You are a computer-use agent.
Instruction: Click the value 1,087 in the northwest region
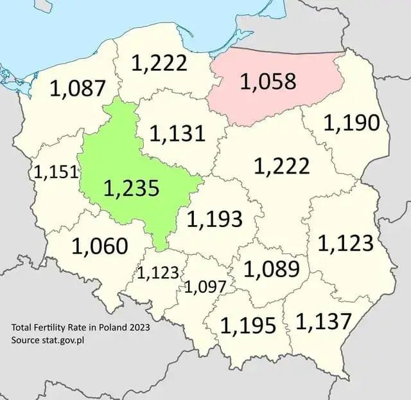tap(77, 88)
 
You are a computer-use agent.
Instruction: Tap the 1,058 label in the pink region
tap(268, 82)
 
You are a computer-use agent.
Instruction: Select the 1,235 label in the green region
tap(131, 188)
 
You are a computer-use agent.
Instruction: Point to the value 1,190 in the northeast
tap(351, 122)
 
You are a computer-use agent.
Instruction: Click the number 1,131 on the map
tap(177, 133)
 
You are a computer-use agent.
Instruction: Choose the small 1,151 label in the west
tap(57, 171)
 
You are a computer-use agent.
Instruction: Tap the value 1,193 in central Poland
tap(214, 219)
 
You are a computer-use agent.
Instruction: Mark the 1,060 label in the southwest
tap(100, 245)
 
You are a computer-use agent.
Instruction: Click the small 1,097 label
tap(205, 287)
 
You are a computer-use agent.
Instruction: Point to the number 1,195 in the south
tap(248, 325)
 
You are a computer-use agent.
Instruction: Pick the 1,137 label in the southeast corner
tap(324, 321)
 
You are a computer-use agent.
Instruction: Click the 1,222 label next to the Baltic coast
tap(159, 63)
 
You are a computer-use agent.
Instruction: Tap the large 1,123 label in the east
tap(345, 242)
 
